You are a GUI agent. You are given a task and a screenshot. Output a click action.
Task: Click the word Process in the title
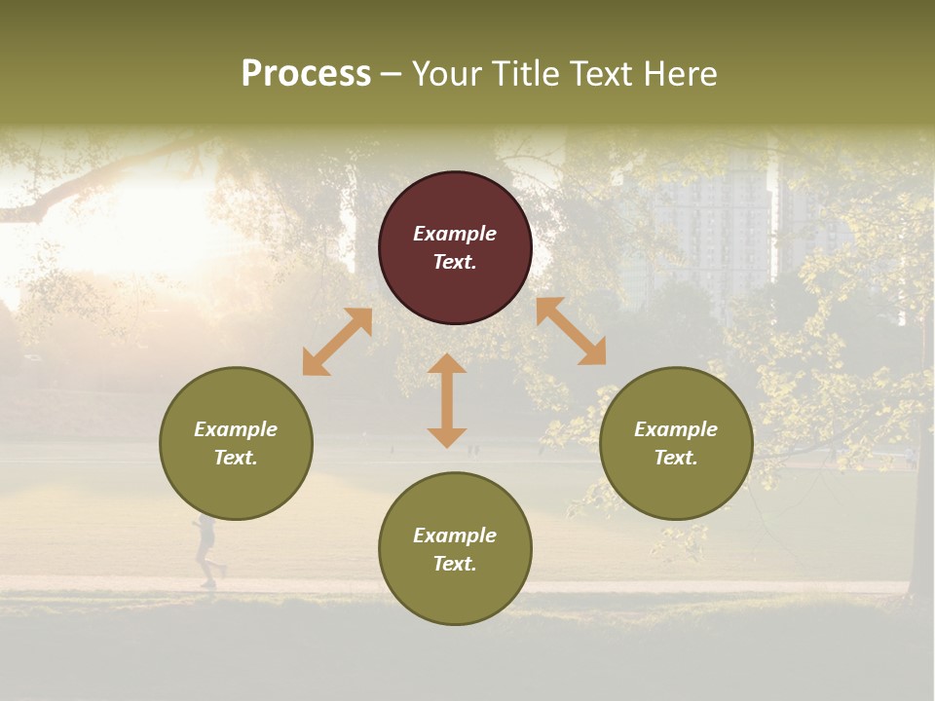tap(306, 74)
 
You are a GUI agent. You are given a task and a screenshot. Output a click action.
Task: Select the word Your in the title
tap(446, 74)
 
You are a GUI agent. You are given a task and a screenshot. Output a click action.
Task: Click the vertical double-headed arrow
tap(447, 400)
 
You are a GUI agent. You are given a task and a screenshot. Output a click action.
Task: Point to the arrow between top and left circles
tap(337, 342)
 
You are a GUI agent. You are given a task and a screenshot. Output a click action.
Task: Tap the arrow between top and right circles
tap(571, 331)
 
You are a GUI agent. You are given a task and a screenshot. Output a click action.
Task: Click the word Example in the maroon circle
tap(455, 234)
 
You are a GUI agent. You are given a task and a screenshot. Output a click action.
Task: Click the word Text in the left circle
tap(236, 458)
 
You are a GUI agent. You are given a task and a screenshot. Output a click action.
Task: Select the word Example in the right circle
tap(676, 429)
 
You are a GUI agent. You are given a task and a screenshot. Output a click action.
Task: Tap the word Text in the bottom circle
tap(455, 564)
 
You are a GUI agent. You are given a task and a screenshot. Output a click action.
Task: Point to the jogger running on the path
tap(206, 551)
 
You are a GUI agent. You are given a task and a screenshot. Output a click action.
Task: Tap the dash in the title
tap(391, 74)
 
